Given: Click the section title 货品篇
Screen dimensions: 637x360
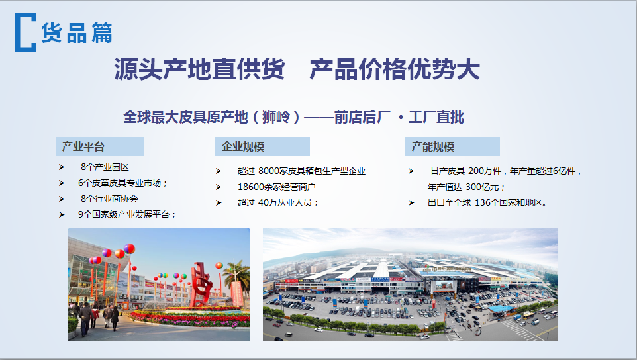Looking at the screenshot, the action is [77, 32].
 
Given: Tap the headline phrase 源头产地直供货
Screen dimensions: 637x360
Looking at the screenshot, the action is [199, 69].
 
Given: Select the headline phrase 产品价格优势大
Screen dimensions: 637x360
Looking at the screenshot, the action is [395, 69].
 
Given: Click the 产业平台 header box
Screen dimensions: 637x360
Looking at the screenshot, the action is [100, 146].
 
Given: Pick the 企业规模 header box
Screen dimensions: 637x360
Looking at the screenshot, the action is [262, 146].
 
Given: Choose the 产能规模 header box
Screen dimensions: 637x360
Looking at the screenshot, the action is [452, 146].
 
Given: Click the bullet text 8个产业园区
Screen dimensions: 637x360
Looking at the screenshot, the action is [105, 167].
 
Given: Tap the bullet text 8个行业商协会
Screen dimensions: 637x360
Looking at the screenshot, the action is [109, 199].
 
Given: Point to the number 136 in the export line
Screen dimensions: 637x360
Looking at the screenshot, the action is [483, 202].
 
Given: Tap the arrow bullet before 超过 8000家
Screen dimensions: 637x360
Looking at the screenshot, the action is [219, 171].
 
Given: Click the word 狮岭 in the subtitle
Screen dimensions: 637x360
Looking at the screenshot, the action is [276, 117].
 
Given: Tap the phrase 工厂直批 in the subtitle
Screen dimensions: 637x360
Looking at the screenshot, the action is [436, 117].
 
